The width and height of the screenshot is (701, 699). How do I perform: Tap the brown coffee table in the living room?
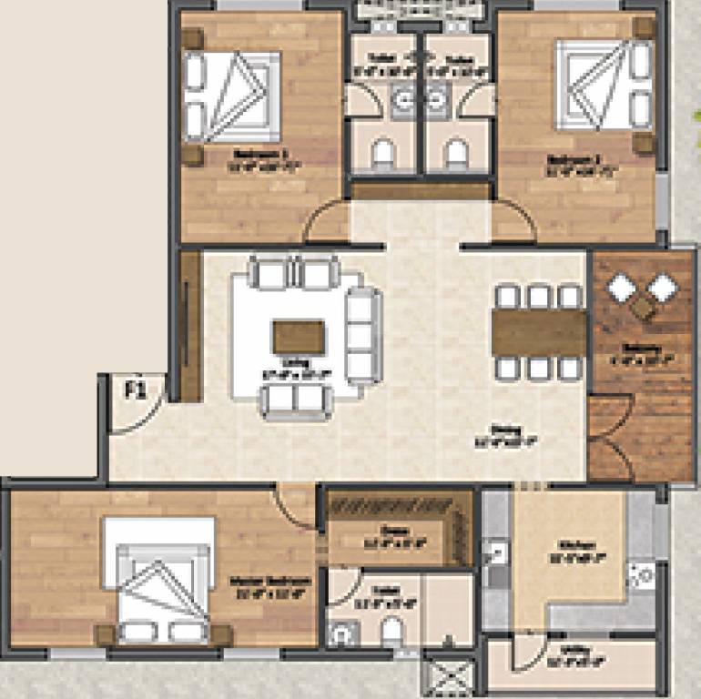pyautogui.click(x=298, y=338)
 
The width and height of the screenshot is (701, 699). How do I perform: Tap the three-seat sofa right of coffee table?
pyautogui.click(x=362, y=334)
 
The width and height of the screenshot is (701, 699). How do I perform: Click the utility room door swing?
pyautogui.click(x=528, y=653)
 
